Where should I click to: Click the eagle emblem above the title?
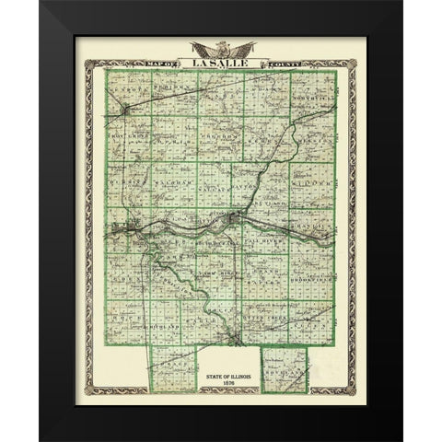[x=221, y=46]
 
